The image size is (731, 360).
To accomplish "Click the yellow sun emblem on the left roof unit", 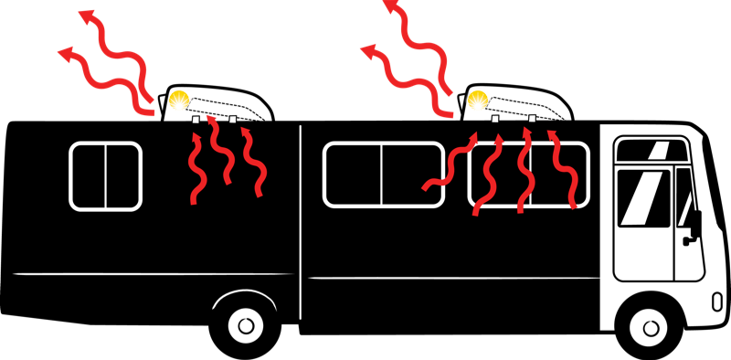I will click(x=180, y=100).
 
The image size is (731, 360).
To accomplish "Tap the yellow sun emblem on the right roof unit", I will click(x=478, y=99).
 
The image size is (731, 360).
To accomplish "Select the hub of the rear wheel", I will click(x=245, y=323).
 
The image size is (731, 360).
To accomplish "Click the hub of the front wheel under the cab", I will click(x=651, y=326).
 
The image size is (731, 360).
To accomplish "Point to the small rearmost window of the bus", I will click(x=105, y=176).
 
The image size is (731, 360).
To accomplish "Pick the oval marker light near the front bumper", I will click(x=716, y=301).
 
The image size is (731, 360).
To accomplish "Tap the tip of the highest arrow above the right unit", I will click(x=387, y=5).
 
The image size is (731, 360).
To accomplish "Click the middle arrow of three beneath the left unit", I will click(x=218, y=151).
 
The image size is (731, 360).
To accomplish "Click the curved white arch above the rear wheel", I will click(x=244, y=295).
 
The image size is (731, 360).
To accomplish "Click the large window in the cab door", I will click(x=643, y=198).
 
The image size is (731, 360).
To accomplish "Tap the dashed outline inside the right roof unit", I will click(x=525, y=107).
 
